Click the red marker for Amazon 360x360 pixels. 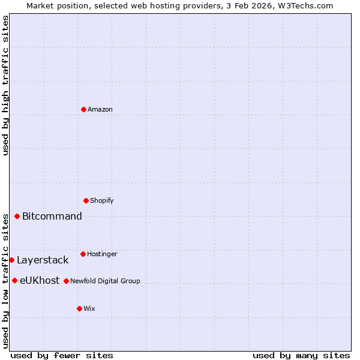point(84,109)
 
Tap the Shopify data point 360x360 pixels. point(86,200)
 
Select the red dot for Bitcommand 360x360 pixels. point(17,216)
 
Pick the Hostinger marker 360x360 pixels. point(83,254)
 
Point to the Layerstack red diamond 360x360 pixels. point(12,260)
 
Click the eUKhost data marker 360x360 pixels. point(15,280)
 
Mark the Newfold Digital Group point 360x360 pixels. point(67,281)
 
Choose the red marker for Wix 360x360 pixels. point(80,308)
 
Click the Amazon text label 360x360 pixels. point(100,109)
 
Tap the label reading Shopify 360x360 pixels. point(102,200)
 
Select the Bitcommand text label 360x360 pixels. point(52,216)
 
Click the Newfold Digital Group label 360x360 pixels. point(105,281)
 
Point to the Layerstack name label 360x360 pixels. point(43,260)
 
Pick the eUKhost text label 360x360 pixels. point(40,280)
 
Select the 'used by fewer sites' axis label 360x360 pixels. point(62,355)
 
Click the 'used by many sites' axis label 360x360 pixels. point(301,355)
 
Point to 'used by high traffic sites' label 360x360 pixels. point(5,85)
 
